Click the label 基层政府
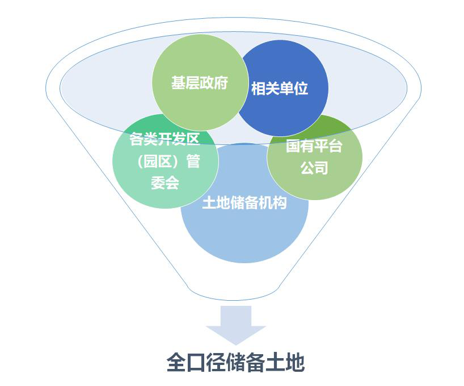(x=200, y=83)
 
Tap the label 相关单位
(x=280, y=89)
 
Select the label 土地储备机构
(x=244, y=204)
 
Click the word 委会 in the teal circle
(x=165, y=183)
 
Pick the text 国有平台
(x=314, y=146)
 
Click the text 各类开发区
(x=165, y=140)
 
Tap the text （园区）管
(x=165, y=161)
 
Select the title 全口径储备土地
(x=235, y=363)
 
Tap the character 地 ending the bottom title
(x=294, y=363)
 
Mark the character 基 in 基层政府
(x=179, y=83)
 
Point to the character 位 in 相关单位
(x=301, y=89)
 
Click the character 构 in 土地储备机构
(x=280, y=204)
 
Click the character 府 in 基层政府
(x=221, y=83)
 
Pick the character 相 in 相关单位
(x=259, y=89)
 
